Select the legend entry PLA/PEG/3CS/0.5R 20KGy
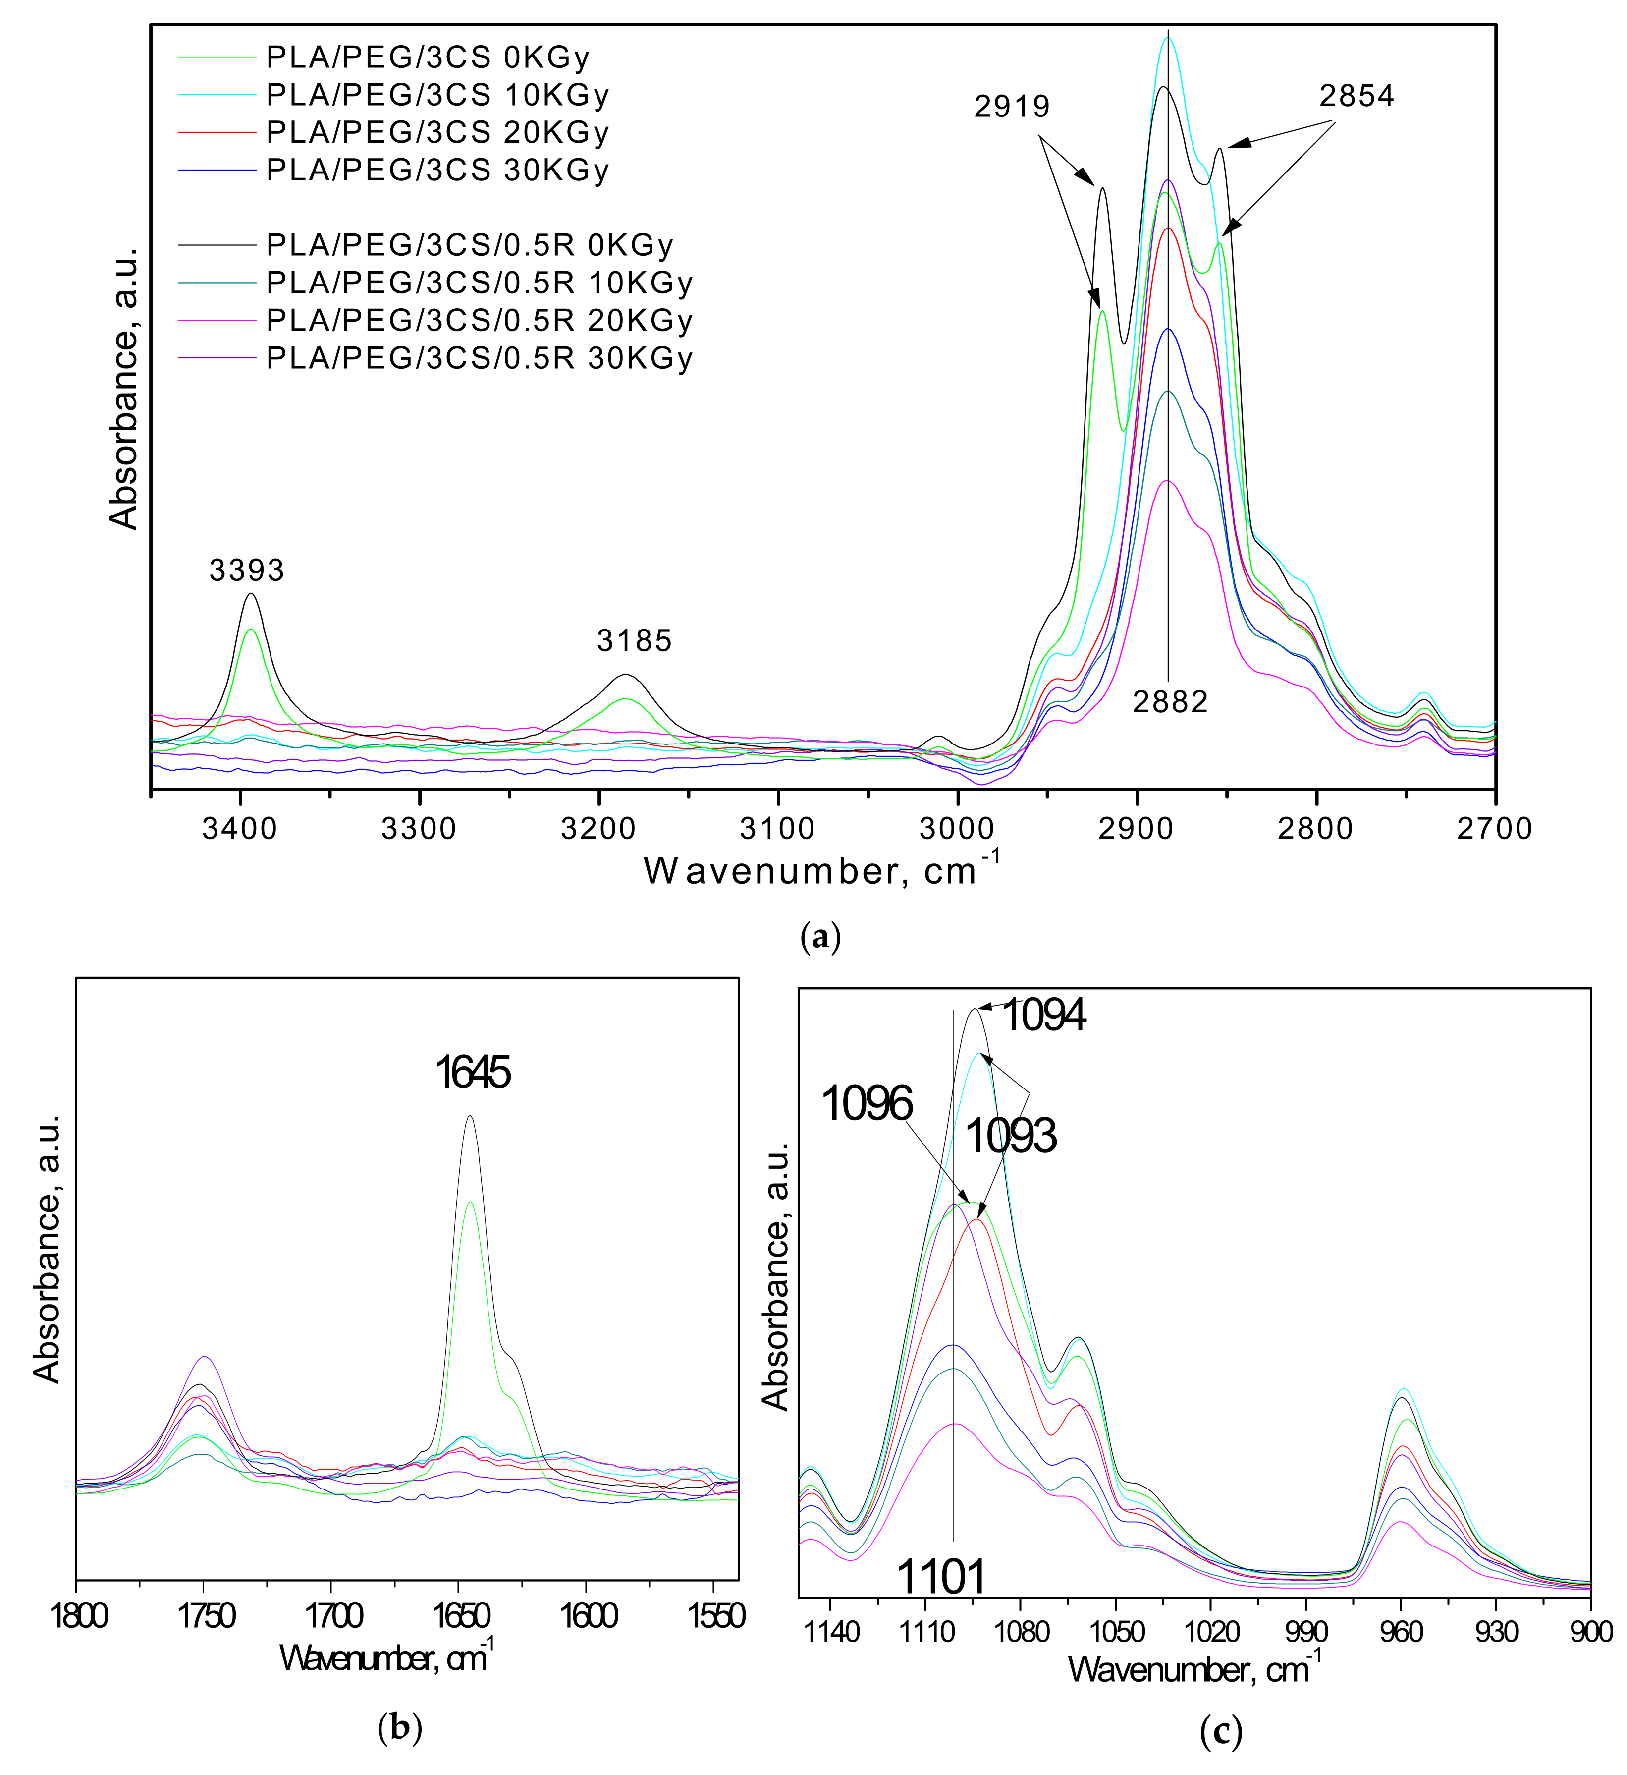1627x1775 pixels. pos(479,321)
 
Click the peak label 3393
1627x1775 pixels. pos(247,571)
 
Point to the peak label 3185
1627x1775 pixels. pos(634,640)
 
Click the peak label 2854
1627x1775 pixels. pos(1356,96)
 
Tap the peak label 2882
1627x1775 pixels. pos(1170,702)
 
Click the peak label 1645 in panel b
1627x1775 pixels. pos(473,1074)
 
